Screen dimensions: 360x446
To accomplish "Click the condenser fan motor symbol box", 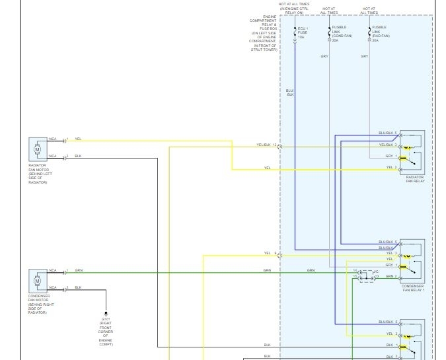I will [37, 281].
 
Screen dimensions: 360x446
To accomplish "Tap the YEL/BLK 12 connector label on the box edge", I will [266, 145].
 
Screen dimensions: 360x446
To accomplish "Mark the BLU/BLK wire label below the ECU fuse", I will [290, 93].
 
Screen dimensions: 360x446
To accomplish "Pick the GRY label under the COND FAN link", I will [324, 56].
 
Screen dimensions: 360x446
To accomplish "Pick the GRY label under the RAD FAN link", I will [364, 56].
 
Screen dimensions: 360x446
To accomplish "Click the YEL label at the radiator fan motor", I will [78, 139].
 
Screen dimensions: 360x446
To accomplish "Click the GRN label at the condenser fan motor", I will [79, 270].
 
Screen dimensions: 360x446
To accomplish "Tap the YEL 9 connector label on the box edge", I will [270, 253].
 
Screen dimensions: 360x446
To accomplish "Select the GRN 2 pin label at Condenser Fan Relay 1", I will [391, 276].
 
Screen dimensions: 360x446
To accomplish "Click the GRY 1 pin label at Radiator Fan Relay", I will [391, 156].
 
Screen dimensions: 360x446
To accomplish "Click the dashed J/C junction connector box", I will [365, 277].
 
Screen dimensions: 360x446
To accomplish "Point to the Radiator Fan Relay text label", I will [414, 179].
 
